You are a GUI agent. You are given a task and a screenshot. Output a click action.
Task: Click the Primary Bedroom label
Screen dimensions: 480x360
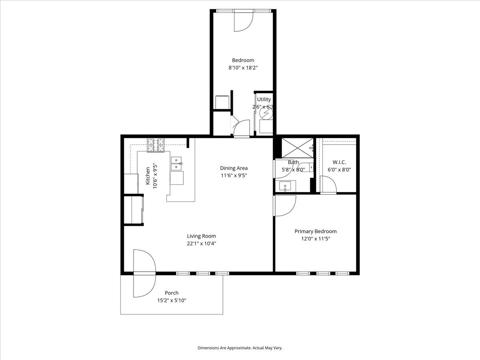(x=315, y=231)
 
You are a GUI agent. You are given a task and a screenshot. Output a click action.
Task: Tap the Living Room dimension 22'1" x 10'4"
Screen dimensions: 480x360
(x=202, y=244)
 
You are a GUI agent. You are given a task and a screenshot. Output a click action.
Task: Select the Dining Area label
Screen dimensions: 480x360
(x=234, y=168)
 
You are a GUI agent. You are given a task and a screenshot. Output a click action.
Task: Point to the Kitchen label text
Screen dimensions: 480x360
(x=148, y=176)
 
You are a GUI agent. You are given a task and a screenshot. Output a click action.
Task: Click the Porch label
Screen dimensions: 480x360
(x=172, y=293)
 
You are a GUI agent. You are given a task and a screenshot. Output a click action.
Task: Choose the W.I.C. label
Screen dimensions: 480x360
(x=339, y=162)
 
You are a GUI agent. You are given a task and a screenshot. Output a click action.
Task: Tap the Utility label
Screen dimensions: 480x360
(x=264, y=100)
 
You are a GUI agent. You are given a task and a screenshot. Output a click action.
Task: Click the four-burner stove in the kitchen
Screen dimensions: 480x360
(x=156, y=145)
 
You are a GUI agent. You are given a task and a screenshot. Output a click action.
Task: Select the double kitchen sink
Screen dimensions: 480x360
(x=176, y=164)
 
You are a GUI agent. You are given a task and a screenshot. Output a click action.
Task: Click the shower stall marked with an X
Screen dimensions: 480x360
(x=298, y=148)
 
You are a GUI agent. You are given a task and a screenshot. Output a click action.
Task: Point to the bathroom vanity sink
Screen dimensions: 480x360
(x=285, y=186)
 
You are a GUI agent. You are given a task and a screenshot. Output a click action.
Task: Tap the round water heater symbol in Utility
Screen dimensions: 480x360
(x=266, y=114)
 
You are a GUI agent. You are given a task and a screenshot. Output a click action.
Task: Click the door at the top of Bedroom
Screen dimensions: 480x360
(x=244, y=20)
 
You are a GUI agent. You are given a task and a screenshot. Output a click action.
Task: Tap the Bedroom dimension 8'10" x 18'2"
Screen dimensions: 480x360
(x=243, y=68)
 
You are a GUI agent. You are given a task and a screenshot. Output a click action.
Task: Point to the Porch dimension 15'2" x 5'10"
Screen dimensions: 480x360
(x=172, y=300)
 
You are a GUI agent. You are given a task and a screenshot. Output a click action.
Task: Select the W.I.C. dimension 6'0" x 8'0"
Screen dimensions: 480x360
(x=339, y=170)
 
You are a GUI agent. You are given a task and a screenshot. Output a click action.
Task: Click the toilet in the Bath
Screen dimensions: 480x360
(x=306, y=167)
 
